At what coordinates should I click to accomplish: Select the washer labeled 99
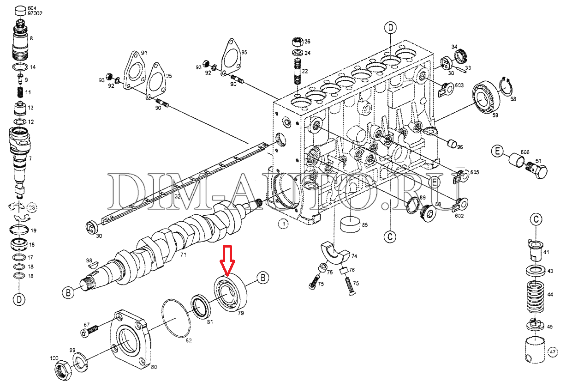click(x=79, y=361)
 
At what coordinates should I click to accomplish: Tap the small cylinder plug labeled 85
click(x=350, y=224)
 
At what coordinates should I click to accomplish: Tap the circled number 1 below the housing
click(x=283, y=224)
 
